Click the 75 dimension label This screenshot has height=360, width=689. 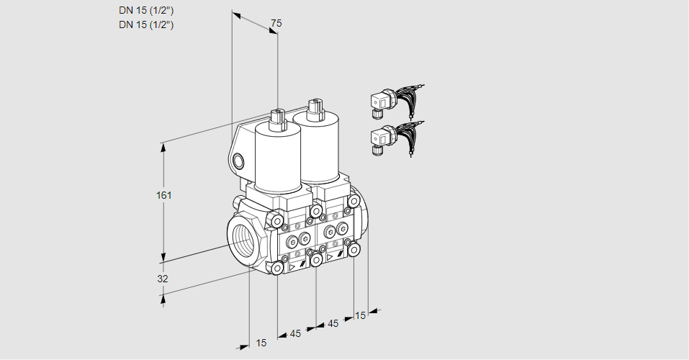(x=276, y=23)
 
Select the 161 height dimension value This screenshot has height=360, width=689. (x=164, y=195)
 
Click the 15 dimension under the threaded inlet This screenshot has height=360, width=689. (x=261, y=343)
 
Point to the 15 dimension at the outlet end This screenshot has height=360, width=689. (x=360, y=315)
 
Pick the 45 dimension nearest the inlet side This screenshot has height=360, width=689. (x=295, y=333)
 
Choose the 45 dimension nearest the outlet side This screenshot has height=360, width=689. (x=333, y=323)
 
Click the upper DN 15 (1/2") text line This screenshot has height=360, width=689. (x=146, y=10)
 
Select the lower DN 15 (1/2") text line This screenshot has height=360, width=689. (x=146, y=24)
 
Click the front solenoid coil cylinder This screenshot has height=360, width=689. (x=277, y=161)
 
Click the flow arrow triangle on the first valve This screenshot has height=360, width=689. (x=292, y=267)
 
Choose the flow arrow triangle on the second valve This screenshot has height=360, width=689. (x=330, y=257)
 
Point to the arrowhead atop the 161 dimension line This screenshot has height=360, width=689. (x=164, y=148)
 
